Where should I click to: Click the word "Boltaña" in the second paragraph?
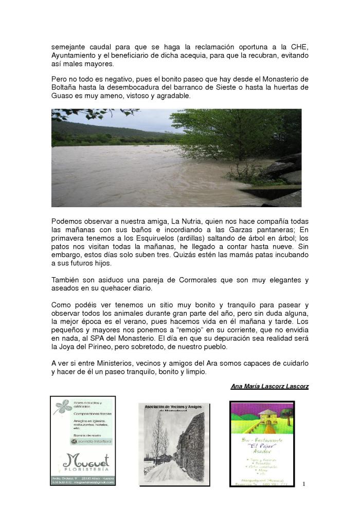click(65, 87)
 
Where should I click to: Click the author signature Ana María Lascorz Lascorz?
click(269, 386)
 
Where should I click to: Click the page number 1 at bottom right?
click(304, 484)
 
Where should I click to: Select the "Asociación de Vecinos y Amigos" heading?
click(174, 407)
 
